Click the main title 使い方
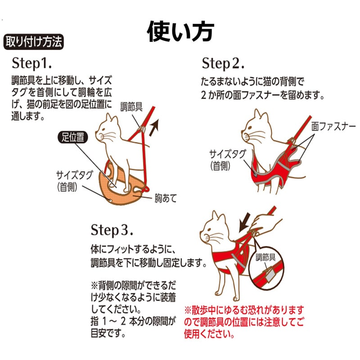(180, 31)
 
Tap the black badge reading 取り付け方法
(33, 42)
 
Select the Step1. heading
(31, 63)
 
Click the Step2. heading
(223, 63)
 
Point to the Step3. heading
(112, 230)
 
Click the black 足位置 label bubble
(73, 138)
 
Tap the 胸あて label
(166, 198)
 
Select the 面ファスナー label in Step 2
(333, 126)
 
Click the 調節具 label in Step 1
(131, 107)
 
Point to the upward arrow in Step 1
(154, 127)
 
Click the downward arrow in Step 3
(244, 222)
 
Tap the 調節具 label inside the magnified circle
(265, 257)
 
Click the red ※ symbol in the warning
(188, 310)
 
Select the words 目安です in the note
(108, 333)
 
